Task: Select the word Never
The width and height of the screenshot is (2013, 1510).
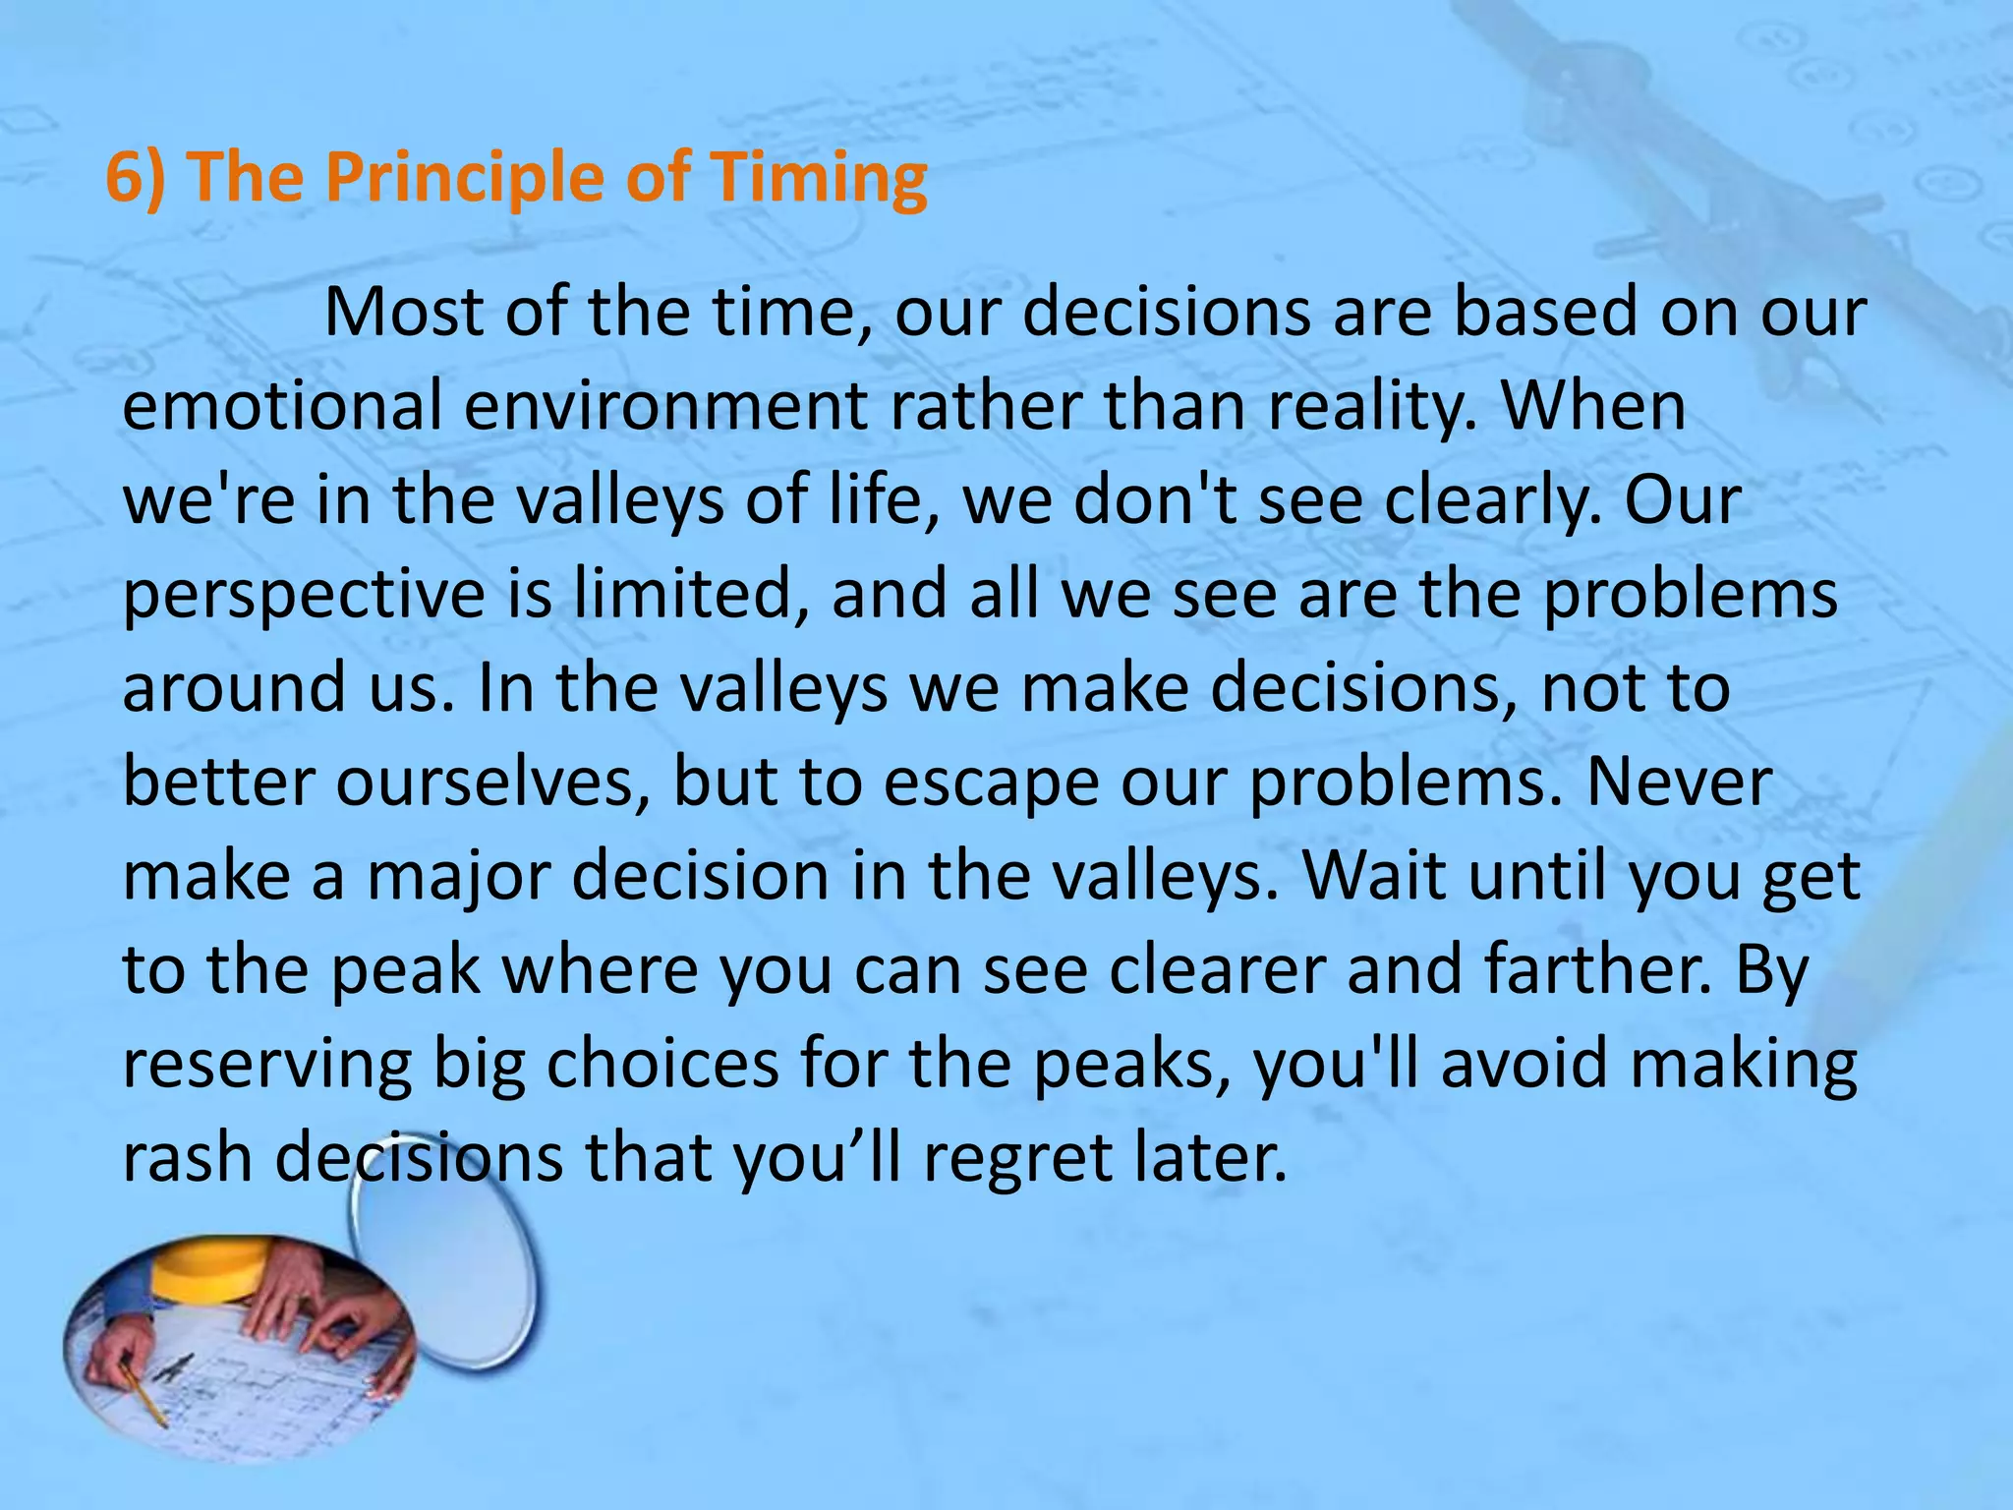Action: pyautogui.click(x=1680, y=782)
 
